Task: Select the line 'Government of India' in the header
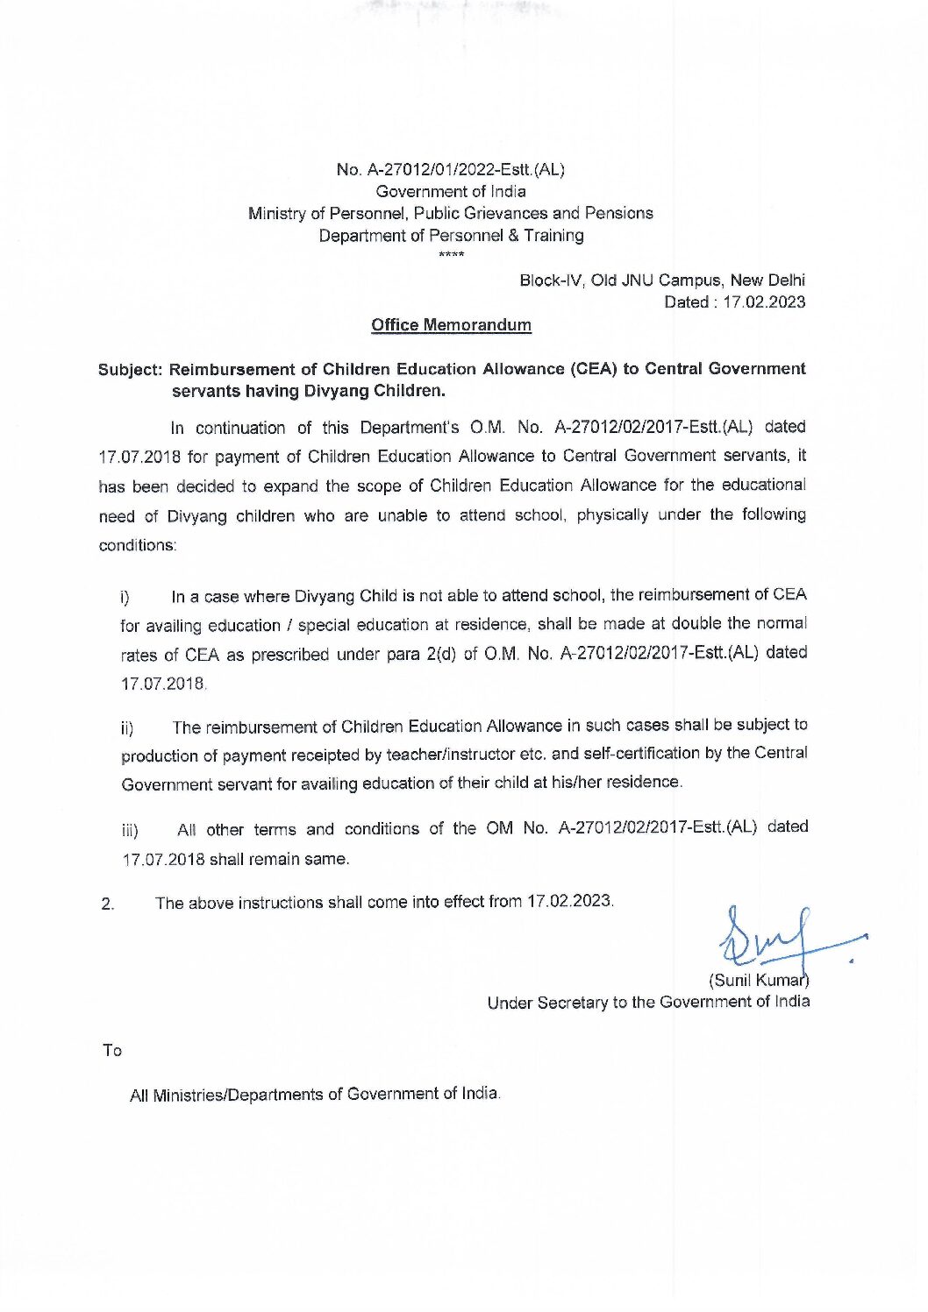click(x=451, y=191)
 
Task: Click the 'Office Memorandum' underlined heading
click(x=451, y=325)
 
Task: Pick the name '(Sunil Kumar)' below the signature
click(x=758, y=980)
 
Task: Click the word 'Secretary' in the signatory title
click(x=571, y=1003)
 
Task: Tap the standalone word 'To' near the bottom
click(x=111, y=1050)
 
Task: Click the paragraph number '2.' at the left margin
click(x=107, y=904)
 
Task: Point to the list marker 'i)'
click(x=125, y=599)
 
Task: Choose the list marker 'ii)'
click(x=127, y=729)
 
